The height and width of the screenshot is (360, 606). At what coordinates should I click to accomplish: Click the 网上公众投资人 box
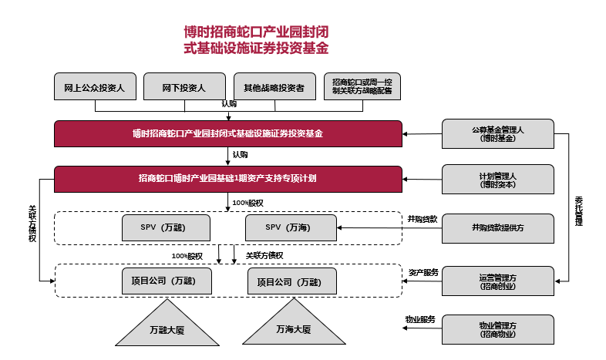coord(95,87)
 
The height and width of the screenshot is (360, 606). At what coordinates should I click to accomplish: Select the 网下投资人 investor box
coord(183,87)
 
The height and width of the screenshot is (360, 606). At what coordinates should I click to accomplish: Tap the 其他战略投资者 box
coord(274,87)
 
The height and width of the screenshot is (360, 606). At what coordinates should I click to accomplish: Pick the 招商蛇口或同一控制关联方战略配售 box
coord(362,87)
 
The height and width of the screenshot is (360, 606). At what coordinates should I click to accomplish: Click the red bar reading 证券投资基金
coord(227,133)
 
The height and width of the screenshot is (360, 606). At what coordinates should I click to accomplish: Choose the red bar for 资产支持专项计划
coord(227,179)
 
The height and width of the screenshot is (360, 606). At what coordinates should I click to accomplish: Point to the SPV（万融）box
coord(165,227)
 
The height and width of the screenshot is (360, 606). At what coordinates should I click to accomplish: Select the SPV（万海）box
coord(291,227)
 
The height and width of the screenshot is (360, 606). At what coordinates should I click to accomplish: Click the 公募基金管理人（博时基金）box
coord(497,134)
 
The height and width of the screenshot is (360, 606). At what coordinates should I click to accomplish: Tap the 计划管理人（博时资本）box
coord(497,180)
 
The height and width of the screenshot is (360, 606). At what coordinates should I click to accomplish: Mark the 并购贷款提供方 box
coord(497,227)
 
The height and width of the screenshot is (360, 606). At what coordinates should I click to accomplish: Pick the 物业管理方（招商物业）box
coord(497,329)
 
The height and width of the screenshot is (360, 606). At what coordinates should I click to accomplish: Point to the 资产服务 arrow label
coord(423,272)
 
